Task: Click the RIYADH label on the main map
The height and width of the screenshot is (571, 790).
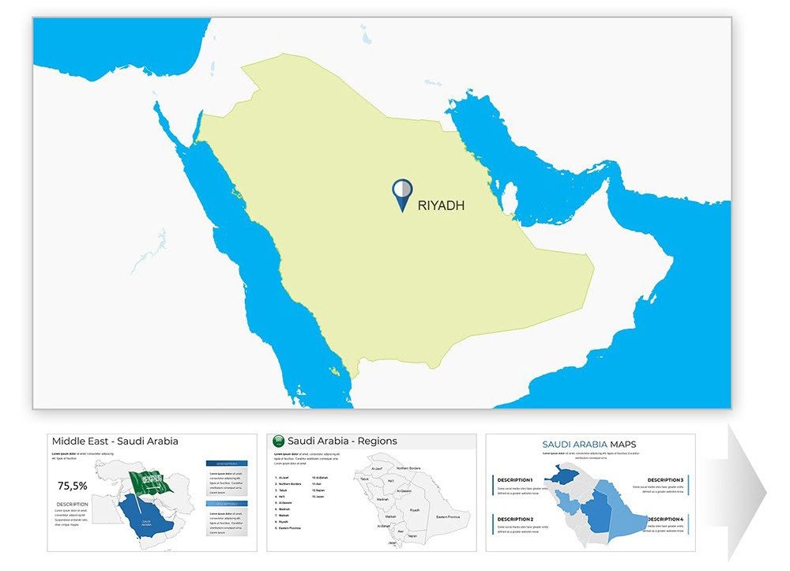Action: click(x=441, y=206)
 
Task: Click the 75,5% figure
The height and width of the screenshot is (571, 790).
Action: click(x=73, y=486)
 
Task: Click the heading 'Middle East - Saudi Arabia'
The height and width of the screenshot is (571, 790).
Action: click(x=115, y=441)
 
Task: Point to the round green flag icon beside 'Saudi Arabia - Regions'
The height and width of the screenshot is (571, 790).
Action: click(x=277, y=441)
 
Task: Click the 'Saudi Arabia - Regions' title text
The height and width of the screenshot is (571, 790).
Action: click(x=342, y=441)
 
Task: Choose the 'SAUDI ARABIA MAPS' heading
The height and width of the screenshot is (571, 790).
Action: click(x=589, y=445)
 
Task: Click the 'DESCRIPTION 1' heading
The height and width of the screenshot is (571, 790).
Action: click(x=515, y=480)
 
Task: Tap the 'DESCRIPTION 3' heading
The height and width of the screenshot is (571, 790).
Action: click(x=665, y=480)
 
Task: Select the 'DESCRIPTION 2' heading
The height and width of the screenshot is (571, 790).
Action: click(x=515, y=519)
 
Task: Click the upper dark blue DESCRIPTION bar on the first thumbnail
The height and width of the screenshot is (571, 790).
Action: click(x=227, y=464)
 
